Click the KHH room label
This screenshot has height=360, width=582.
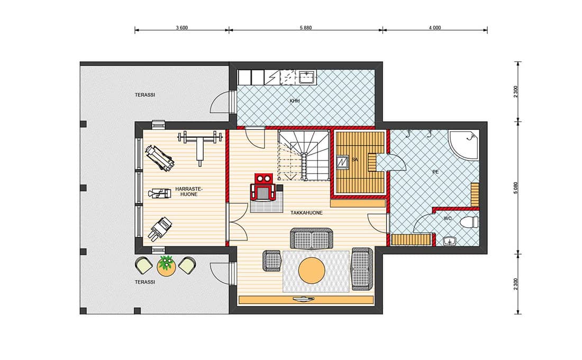[x=294, y=101]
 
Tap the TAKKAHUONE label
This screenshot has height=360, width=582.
[x=306, y=213]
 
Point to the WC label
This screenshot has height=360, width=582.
[x=448, y=219]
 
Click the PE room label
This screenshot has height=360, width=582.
[x=435, y=172]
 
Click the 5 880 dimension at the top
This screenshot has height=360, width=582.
[x=305, y=28]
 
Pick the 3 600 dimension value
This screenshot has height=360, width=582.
[x=181, y=28]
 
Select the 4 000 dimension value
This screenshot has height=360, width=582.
[x=434, y=28]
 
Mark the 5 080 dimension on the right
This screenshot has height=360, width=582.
[x=515, y=188]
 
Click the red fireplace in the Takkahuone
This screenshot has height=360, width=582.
[x=264, y=187]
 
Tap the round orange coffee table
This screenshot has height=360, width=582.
[x=312, y=270]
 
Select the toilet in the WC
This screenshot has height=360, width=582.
[x=469, y=222]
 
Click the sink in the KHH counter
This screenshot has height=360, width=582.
[x=307, y=78]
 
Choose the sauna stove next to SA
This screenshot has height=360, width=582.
[x=342, y=161]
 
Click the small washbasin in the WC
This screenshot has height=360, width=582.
[x=450, y=241]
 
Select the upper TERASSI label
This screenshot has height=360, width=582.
[x=145, y=95]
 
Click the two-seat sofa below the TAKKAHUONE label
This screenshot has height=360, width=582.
[x=311, y=239]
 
